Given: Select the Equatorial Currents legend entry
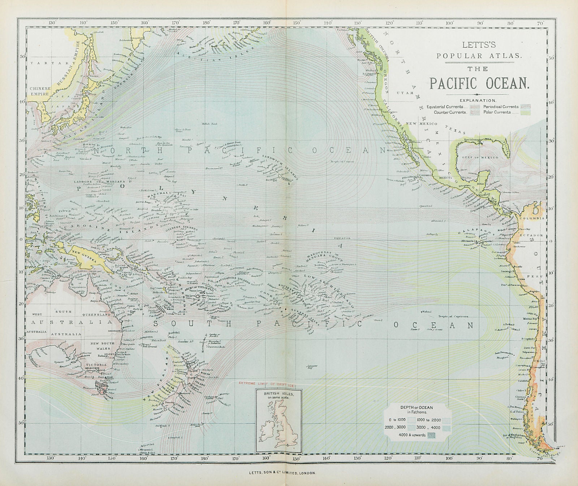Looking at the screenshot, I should tap(445, 107).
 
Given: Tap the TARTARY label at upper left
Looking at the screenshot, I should tap(42, 63).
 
